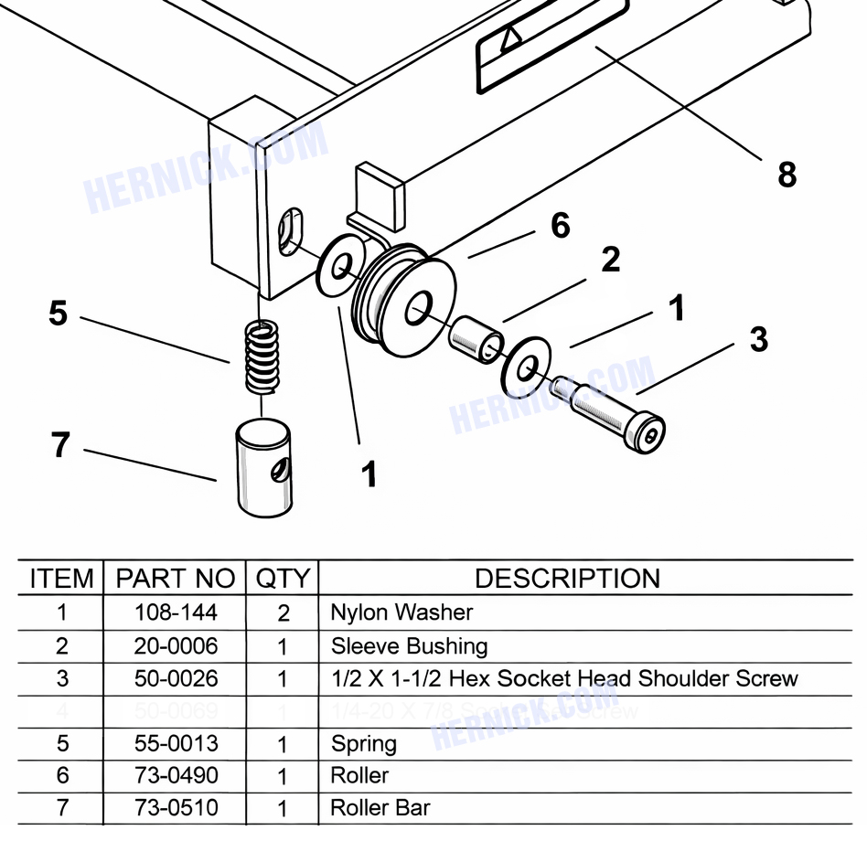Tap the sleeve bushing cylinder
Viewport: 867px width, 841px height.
tap(476, 339)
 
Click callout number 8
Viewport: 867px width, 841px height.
tap(787, 174)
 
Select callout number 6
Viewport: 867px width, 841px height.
tap(560, 225)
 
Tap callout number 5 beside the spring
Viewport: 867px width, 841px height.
tap(59, 314)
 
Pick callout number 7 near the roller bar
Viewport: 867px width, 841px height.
tap(60, 445)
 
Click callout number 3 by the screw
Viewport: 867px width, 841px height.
tap(758, 339)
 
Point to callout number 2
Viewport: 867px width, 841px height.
tap(610, 260)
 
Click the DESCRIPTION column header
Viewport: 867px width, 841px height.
tap(567, 579)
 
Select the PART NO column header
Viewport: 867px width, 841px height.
tap(175, 579)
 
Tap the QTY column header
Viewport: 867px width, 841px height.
tap(283, 579)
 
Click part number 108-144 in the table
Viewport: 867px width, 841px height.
tap(176, 612)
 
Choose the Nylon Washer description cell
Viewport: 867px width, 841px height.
tap(401, 612)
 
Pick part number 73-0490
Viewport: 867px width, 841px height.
tap(176, 775)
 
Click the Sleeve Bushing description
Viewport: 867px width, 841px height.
tap(409, 646)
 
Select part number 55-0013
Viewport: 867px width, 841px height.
tap(176, 743)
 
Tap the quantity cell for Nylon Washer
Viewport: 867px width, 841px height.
tap(283, 612)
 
